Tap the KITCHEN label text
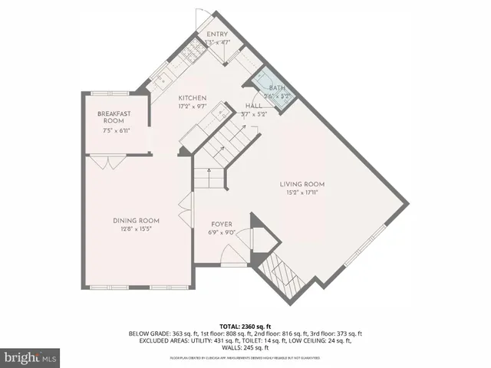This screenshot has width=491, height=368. pyautogui.click(x=193, y=98)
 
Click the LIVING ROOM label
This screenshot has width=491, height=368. pyautogui.click(x=302, y=184)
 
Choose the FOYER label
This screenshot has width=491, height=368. pyautogui.click(x=220, y=225)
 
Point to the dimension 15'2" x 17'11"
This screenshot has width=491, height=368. pyautogui.click(x=302, y=192)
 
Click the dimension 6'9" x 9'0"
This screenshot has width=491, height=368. pyautogui.click(x=220, y=233)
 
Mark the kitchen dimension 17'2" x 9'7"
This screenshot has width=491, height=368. pyautogui.click(x=193, y=107)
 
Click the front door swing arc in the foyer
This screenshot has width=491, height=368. pyautogui.click(x=229, y=253)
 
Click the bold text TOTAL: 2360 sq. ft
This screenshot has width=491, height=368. pyautogui.click(x=245, y=326)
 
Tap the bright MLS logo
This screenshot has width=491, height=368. pyautogui.click(x=29, y=357)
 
